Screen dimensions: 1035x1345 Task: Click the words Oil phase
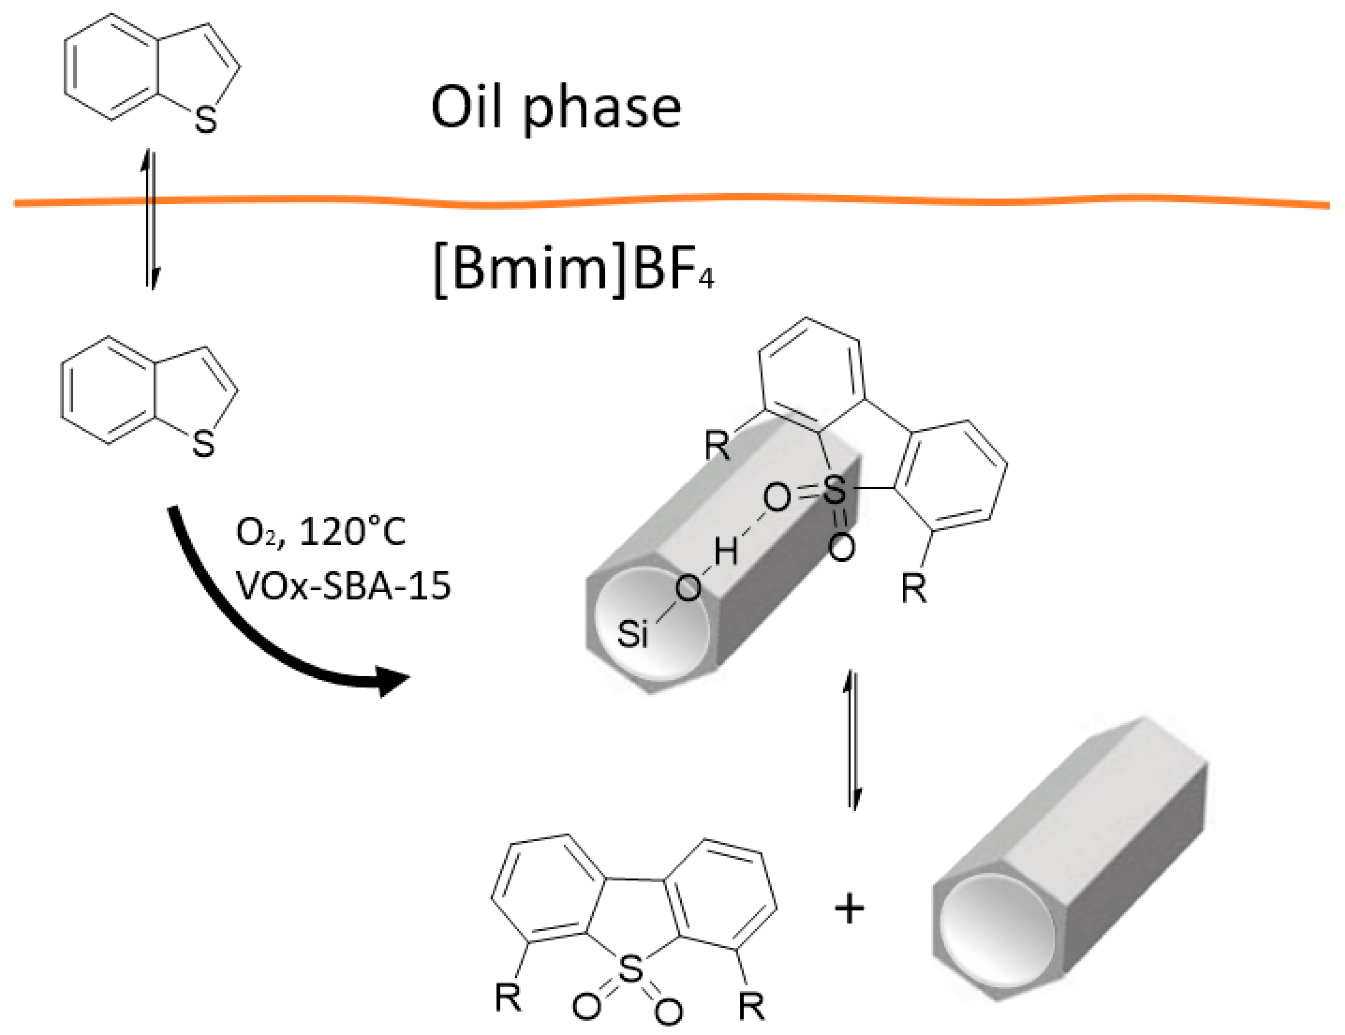[x=556, y=108]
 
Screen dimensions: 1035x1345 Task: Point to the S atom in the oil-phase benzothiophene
[x=206, y=120]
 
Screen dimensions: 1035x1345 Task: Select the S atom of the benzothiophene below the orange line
[x=203, y=444]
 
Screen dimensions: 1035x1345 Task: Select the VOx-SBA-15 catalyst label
[x=344, y=585]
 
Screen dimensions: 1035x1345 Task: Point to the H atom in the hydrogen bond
[x=726, y=550]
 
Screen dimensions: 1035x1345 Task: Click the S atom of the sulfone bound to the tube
[x=834, y=491]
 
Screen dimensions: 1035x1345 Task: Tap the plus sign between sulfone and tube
[x=849, y=909]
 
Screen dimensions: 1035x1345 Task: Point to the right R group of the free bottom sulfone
[x=751, y=1006]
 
